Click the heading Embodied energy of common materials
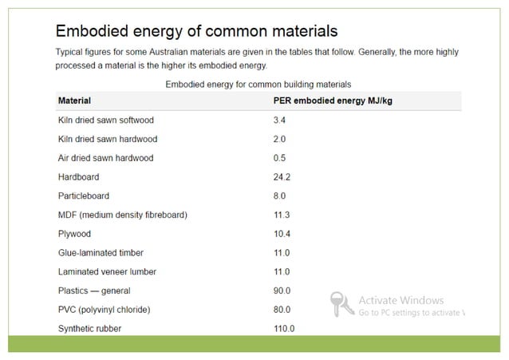[x=196, y=31]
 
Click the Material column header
[x=74, y=101]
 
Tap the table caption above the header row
[x=258, y=84]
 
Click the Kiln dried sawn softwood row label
[x=106, y=121]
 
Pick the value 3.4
[x=279, y=121]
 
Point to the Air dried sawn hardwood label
[x=105, y=158]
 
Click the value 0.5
[x=279, y=158]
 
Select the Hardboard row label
[x=78, y=177]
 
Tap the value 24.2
[x=282, y=177]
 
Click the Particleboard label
[x=83, y=196]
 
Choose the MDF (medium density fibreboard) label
[x=123, y=215]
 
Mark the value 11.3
[x=282, y=215]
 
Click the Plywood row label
[x=75, y=234]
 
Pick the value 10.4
[x=282, y=234]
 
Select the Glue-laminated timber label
[x=101, y=253]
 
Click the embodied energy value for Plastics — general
[x=282, y=291]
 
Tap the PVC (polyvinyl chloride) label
[x=104, y=310]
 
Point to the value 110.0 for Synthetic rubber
[x=284, y=329]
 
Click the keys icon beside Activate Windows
[x=341, y=304]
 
